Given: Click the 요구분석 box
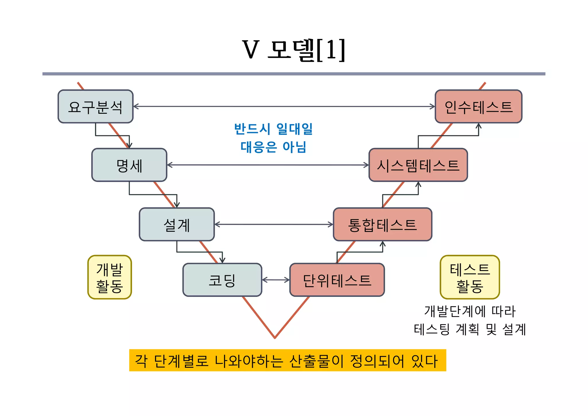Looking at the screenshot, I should tap(95, 107).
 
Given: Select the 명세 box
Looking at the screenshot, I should tap(129, 165).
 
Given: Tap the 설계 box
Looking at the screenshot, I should tap(177, 225).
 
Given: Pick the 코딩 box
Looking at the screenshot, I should tap(222, 280).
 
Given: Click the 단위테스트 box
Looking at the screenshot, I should tap(337, 280).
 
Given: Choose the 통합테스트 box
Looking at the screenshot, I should tap(382, 225).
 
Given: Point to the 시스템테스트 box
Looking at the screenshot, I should tap(418, 165).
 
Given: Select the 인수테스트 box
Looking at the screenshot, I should tap(478, 107).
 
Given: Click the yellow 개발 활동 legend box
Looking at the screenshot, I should tap(110, 277).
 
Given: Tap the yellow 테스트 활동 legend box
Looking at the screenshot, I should tap(470, 277).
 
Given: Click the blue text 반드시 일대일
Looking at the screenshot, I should tap(273, 129).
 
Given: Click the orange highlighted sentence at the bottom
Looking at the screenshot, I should tap(287, 361).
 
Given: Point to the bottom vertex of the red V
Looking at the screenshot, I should tap(275, 338).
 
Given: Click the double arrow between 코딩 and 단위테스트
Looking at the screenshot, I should tap(276, 280).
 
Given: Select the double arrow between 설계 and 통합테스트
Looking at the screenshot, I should tap(274, 225).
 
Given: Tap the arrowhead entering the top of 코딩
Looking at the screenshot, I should tap(222, 261).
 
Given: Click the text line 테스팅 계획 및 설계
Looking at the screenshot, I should tap(470, 329).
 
